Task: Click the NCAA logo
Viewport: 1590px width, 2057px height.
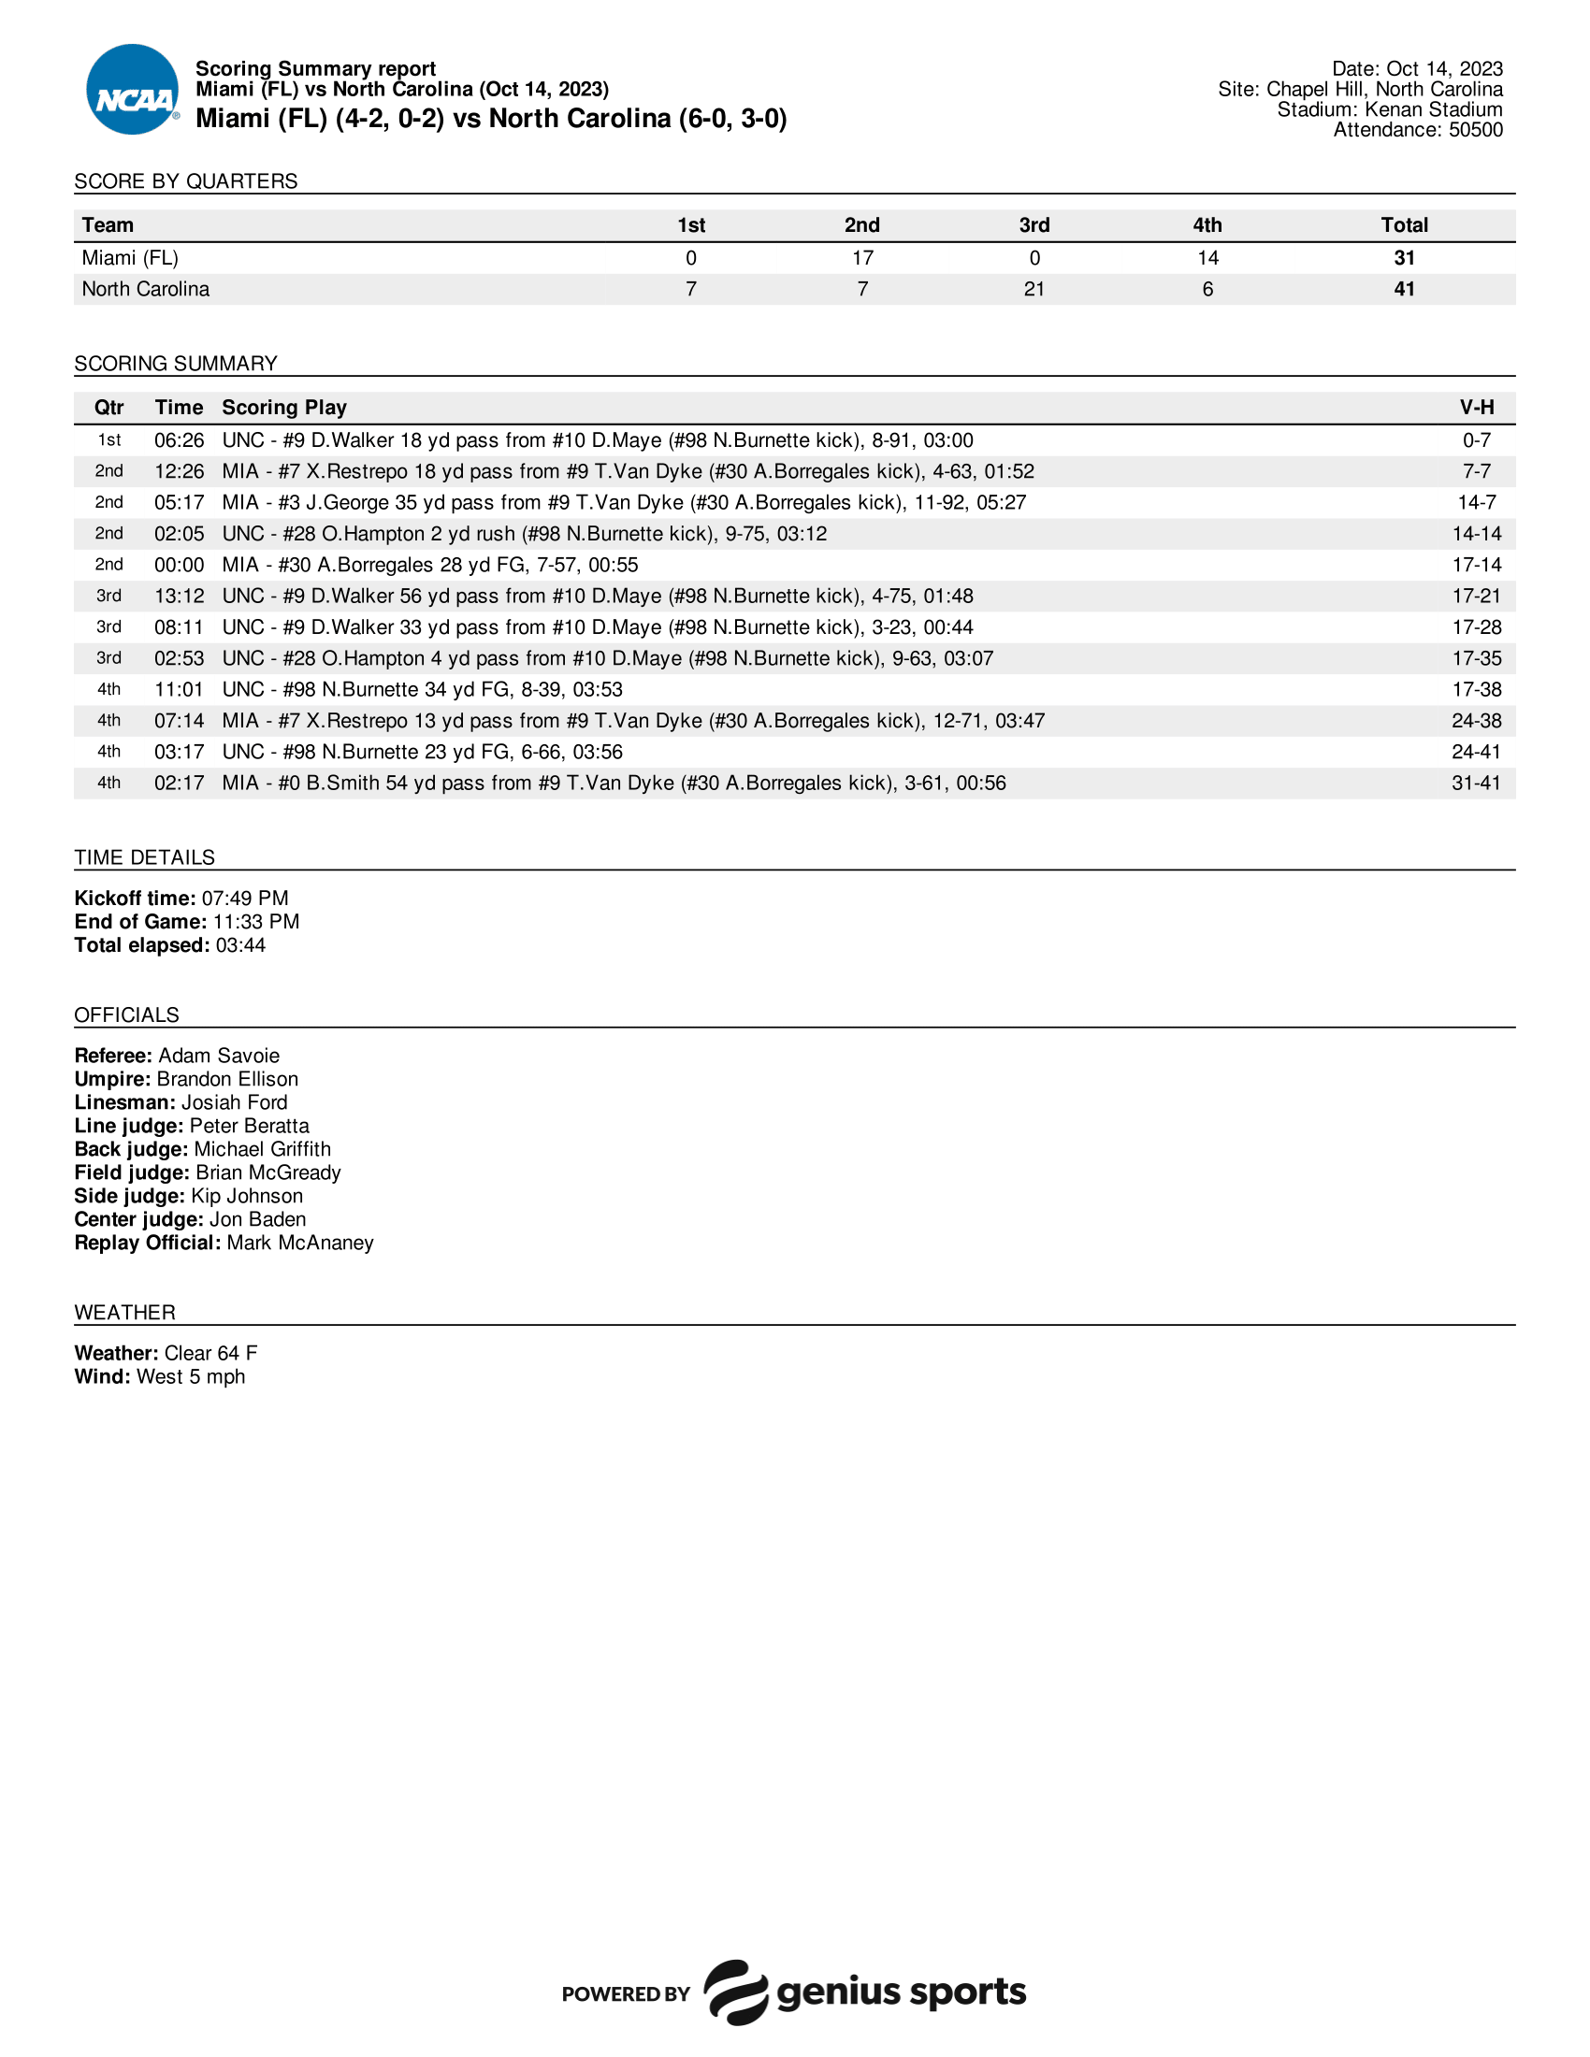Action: [133, 90]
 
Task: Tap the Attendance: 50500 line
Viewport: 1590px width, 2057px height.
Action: [1417, 130]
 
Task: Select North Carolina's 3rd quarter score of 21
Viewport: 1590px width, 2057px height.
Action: [1033, 289]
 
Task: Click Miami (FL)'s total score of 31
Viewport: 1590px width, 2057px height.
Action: [1404, 258]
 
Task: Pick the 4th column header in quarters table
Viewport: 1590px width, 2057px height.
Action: [1207, 225]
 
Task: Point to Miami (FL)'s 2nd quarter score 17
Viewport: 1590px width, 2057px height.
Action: [862, 258]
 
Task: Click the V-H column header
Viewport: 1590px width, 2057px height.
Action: [1476, 408]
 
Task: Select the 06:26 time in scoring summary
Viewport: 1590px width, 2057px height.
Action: [179, 440]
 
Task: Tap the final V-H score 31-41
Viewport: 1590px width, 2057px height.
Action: [1476, 784]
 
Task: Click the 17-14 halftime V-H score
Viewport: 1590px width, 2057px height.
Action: [1476, 565]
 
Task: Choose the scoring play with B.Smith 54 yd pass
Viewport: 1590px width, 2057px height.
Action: [614, 784]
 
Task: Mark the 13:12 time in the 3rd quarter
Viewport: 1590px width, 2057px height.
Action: [179, 597]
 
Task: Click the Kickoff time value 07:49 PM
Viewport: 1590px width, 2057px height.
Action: [245, 899]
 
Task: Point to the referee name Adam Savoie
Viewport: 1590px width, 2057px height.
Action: [219, 1056]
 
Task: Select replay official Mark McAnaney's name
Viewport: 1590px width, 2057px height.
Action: [299, 1244]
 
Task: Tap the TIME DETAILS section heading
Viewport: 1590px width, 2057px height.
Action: [144, 858]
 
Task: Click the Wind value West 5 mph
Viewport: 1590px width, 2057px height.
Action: [190, 1377]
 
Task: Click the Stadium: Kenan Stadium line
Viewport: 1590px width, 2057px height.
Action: [1388, 110]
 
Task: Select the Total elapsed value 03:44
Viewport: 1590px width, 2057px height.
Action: [240, 945]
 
